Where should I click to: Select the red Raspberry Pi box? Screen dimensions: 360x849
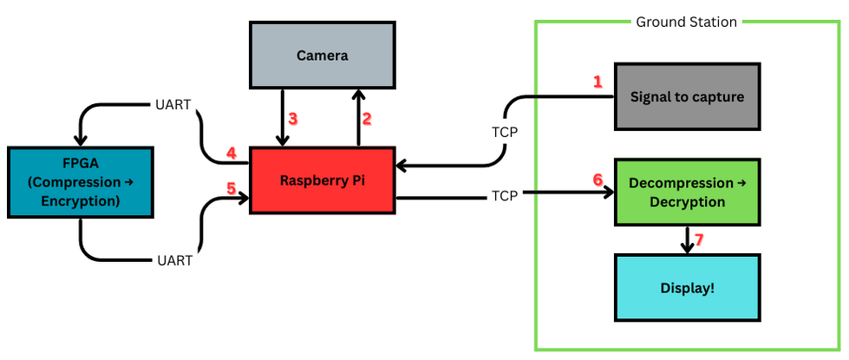point(322,180)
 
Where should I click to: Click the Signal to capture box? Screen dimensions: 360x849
point(687,96)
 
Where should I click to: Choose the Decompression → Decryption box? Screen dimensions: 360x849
point(687,193)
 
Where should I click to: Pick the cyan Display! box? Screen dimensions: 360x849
point(687,288)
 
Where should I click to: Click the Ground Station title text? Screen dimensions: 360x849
point(686,22)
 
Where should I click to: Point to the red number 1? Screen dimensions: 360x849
point(597,82)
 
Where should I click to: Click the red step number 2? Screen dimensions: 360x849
point(366,118)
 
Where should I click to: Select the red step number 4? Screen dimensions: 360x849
point(231,154)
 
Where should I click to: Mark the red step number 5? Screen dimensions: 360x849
point(231,187)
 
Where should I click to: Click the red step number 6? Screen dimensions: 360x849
point(598,180)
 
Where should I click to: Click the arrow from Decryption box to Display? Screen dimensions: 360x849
point(687,240)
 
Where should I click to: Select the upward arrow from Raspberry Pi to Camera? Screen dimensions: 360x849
point(357,117)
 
